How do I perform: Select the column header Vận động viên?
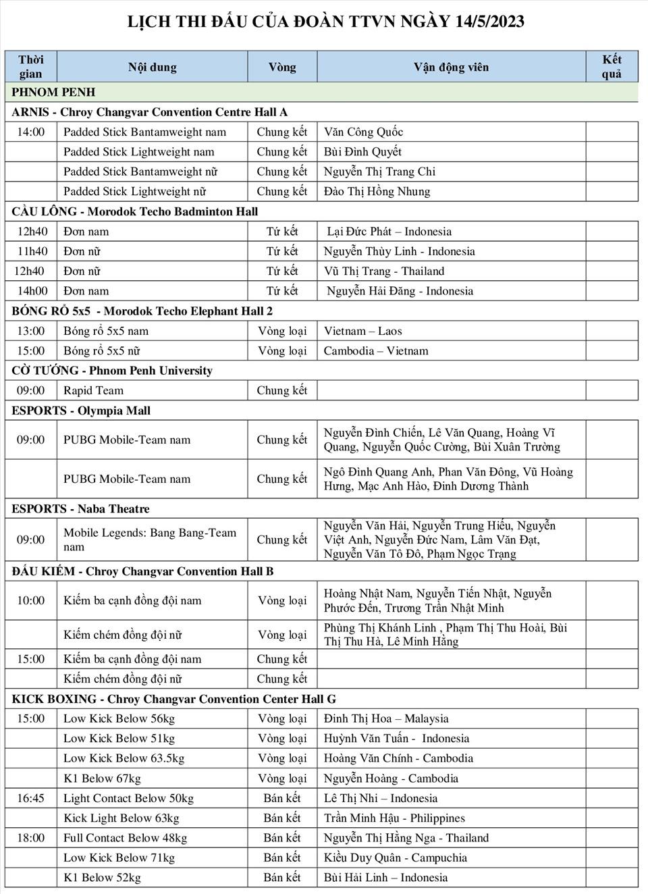(451, 67)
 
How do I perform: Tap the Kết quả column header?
(612, 67)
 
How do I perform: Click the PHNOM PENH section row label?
(54, 92)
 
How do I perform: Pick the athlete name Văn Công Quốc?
(363, 132)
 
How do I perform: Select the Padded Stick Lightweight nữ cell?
(134, 191)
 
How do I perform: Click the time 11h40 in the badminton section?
(32, 251)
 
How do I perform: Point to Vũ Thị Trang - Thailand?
(384, 271)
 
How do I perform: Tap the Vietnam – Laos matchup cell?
(362, 331)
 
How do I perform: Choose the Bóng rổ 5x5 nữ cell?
(101, 350)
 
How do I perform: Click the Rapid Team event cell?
(93, 390)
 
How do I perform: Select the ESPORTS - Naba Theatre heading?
(80, 508)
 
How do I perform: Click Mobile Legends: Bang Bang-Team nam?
(150, 540)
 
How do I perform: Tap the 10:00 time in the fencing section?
(31, 600)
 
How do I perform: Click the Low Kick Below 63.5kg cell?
(124, 758)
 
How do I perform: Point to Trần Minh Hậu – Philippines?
(394, 818)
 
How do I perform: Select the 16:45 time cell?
(31, 798)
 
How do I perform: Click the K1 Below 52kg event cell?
(102, 877)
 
